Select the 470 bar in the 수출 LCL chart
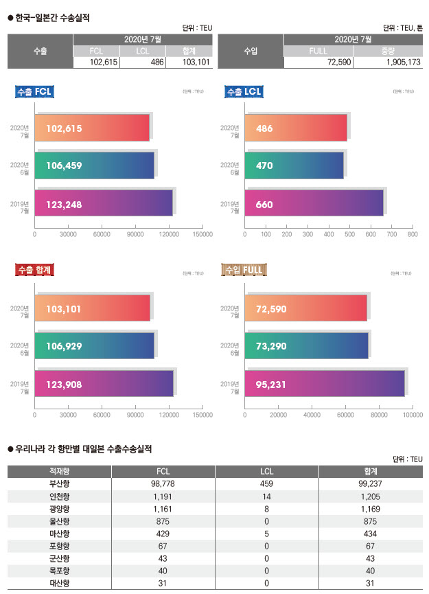pos(294,165)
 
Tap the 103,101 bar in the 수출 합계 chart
pos(92,309)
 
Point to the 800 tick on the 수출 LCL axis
pos(413,235)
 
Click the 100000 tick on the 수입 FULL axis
pos(413,415)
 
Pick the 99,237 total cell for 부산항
pos(370,484)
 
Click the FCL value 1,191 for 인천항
pos(163,496)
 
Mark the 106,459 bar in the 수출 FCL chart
pos(94,165)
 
